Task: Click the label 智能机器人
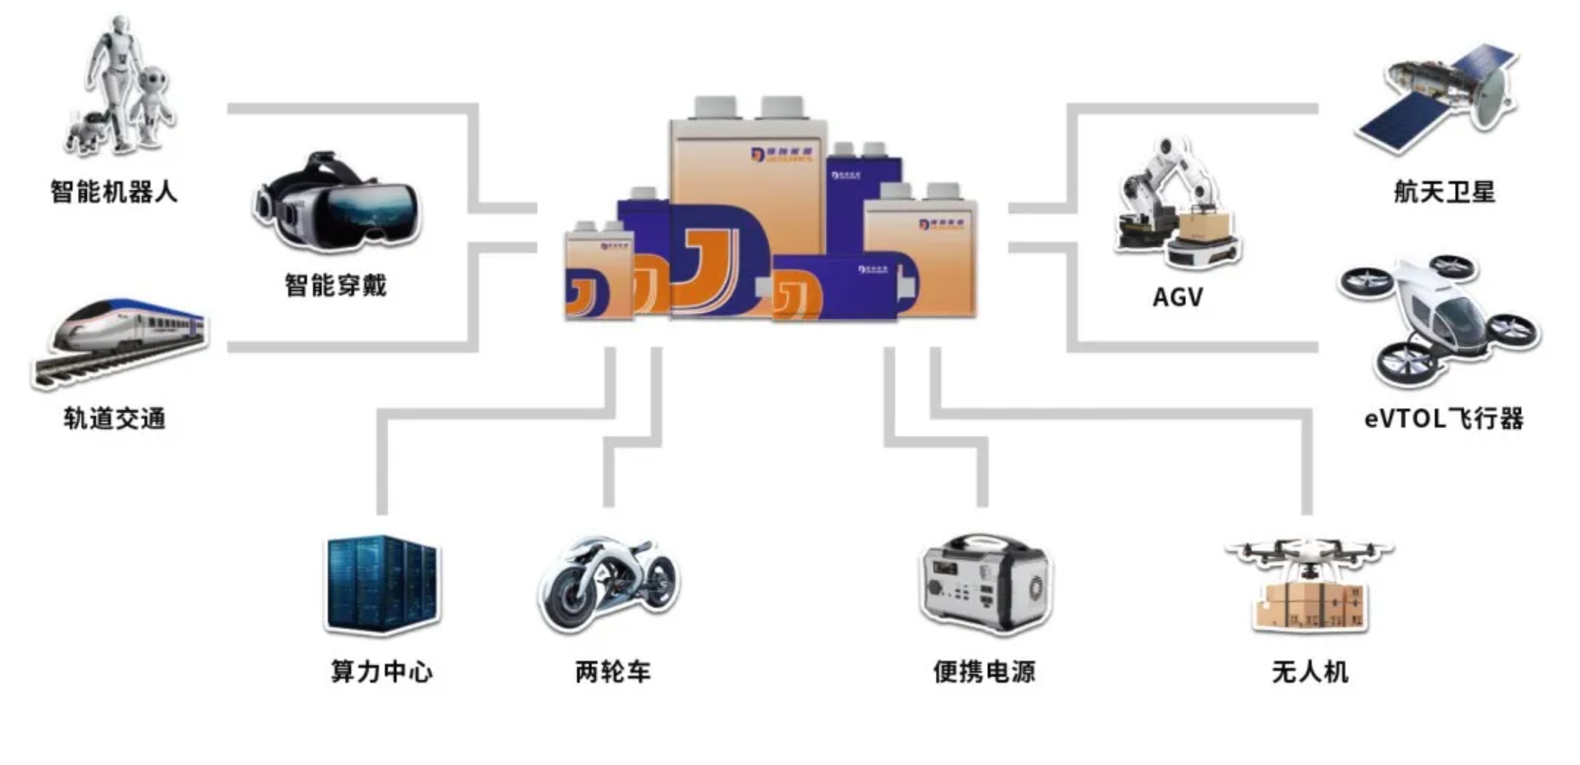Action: click(114, 192)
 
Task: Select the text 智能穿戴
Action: click(335, 285)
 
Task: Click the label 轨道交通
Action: click(114, 419)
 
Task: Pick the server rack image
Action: click(382, 583)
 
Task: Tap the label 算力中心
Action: click(381, 671)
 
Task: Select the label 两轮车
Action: click(613, 671)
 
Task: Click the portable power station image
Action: click(985, 583)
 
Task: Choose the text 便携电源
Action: click(984, 671)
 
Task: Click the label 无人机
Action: click(1310, 671)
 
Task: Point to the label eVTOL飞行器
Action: click(1444, 419)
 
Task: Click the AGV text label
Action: click(1177, 297)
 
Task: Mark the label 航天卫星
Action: click(1444, 192)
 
